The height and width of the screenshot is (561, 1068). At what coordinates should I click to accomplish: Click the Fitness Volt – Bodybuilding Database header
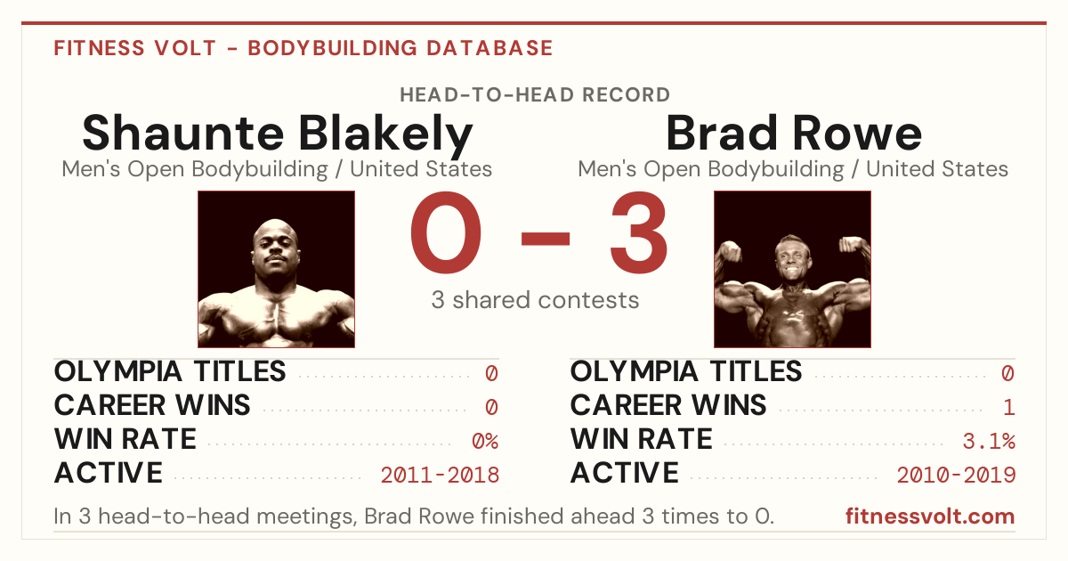(303, 48)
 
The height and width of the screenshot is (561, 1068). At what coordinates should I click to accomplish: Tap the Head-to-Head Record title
(535, 95)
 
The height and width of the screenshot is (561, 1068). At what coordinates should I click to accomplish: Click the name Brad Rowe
(793, 133)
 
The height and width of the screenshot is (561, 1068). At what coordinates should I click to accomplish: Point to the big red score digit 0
(446, 232)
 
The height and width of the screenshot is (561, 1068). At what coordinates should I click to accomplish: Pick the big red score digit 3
(638, 232)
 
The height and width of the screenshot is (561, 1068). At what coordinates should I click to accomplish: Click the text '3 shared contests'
(535, 300)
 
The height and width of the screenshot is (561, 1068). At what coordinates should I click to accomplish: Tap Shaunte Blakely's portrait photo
(277, 269)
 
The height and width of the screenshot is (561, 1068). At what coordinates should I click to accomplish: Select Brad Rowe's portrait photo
(792, 269)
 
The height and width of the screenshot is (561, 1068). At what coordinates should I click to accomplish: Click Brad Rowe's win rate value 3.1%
(989, 441)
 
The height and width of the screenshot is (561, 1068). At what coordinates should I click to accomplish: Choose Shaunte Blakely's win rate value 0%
(485, 441)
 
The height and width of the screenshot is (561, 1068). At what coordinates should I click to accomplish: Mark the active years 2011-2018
(440, 476)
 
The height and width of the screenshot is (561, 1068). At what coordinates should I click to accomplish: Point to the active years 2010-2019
(956, 476)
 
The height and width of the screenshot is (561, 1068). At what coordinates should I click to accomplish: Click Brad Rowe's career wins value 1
(1009, 407)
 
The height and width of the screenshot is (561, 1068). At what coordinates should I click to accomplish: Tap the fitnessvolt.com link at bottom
(930, 516)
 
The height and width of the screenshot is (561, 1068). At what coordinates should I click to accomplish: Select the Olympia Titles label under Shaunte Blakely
(170, 371)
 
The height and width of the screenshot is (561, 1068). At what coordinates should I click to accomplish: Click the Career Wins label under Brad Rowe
(668, 405)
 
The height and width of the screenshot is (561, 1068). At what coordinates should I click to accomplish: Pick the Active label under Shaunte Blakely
(109, 473)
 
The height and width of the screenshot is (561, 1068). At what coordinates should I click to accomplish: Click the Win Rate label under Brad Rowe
(642, 439)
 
